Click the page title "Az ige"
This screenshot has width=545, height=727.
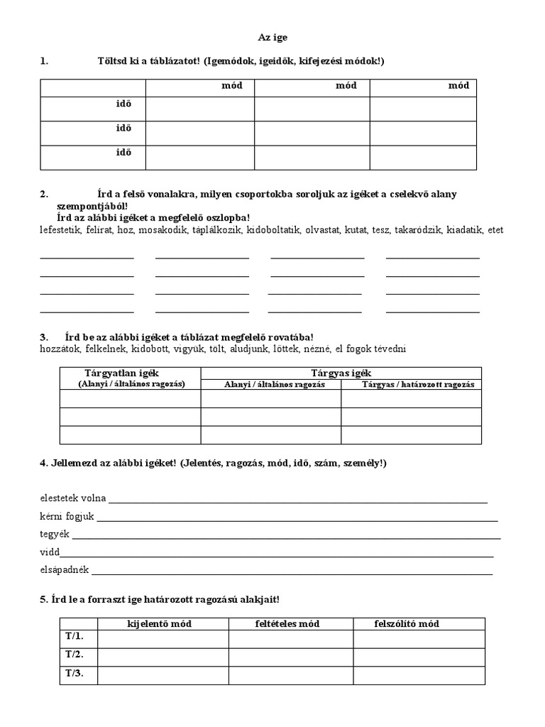[x=272, y=37]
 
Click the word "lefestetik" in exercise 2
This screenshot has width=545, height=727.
[x=60, y=231]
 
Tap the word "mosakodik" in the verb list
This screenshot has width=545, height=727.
[x=163, y=231]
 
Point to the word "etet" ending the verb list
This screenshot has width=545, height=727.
[x=495, y=231]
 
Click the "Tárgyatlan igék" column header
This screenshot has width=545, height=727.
[x=131, y=373]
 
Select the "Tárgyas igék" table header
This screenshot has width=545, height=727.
[x=341, y=373]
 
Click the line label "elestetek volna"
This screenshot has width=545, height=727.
[x=72, y=498]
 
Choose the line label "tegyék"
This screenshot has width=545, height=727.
[x=55, y=535]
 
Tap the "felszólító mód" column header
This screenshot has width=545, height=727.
[x=406, y=624]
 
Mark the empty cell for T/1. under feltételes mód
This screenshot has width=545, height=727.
[x=290, y=638]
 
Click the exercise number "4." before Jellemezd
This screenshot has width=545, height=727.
[x=44, y=464]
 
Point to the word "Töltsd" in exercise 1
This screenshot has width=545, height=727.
[x=111, y=62]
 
